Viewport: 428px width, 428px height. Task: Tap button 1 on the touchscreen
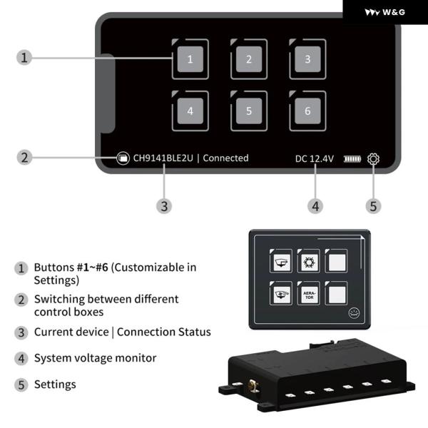pyautogui.click(x=190, y=59)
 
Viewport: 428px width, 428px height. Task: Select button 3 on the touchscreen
pyautogui.click(x=307, y=59)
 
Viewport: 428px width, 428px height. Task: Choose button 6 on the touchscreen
pyautogui.click(x=307, y=111)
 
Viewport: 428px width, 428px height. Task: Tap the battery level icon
pyautogui.click(x=352, y=158)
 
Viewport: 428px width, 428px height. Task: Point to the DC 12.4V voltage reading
pyautogui.click(x=315, y=158)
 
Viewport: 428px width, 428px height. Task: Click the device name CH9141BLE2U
pyautogui.click(x=163, y=158)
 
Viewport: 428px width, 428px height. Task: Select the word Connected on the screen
pyautogui.click(x=225, y=158)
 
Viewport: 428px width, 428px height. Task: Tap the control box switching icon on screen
pyautogui.click(x=123, y=158)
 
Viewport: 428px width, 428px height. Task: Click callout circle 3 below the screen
pyautogui.click(x=164, y=205)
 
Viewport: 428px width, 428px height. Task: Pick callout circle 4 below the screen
pyautogui.click(x=315, y=205)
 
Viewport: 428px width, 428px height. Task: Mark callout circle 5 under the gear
pyautogui.click(x=374, y=205)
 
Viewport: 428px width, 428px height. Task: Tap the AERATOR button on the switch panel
pyautogui.click(x=309, y=295)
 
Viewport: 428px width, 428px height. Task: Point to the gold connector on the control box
pyautogui.click(x=253, y=388)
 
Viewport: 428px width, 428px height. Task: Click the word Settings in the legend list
pyautogui.click(x=55, y=384)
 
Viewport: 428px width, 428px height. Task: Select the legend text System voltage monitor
pyautogui.click(x=95, y=358)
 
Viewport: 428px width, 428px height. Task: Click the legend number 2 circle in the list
pyautogui.click(x=21, y=300)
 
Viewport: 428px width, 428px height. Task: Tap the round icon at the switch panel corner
pyautogui.click(x=353, y=312)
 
